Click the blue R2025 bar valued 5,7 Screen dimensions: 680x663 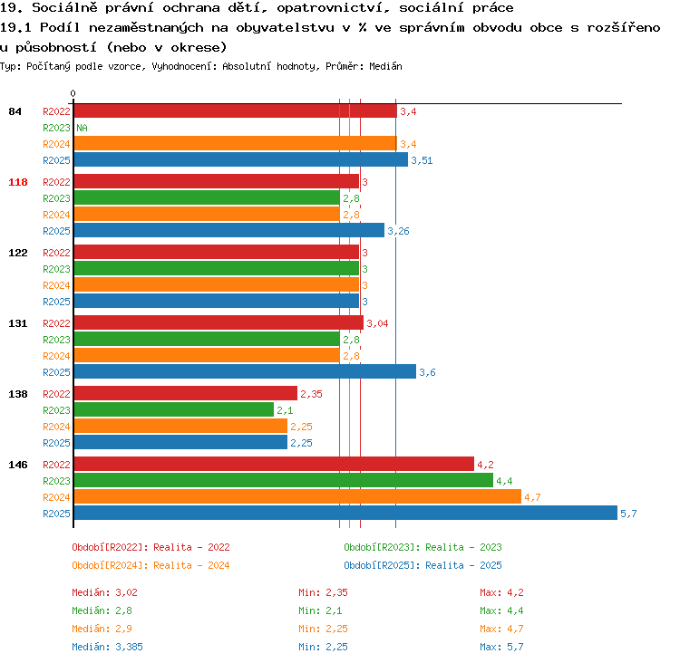pyautogui.click(x=345, y=513)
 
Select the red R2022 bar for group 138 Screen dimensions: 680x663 pyautogui.click(x=186, y=393)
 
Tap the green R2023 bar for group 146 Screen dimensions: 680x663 pyautogui.click(x=284, y=481)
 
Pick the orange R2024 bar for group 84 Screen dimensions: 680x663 pyautogui.click(x=236, y=143)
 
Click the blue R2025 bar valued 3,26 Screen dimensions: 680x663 pyautogui.click(x=229, y=231)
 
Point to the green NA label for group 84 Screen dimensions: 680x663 pyautogui.click(x=82, y=128)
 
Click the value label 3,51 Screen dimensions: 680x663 pyautogui.click(x=422, y=160)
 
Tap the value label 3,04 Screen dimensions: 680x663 pyautogui.click(x=377, y=323)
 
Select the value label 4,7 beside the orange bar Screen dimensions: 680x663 pyautogui.click(x=532, y=497)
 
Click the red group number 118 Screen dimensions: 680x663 pyautogui.click(x=18, y=182)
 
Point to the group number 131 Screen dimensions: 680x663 pyautogui.click(x=18, y=323)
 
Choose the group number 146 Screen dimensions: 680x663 pyautogui.click(x=18, y=465)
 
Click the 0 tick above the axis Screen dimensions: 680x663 pyautogui.click(x=73, y=93)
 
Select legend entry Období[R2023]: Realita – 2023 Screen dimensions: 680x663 pyautogui.click(x=423, y=547)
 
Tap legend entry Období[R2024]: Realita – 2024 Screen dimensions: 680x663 pyautogui.click(x=151, y=565)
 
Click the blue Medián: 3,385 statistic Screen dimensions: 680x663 pyautogui.click(x=107, y=647)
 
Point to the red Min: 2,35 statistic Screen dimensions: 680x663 pyautogui.click(x=323, y=592)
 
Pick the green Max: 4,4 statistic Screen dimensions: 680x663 pyautogui.click(x=501, y=610)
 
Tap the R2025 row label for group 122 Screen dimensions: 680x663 pyautogui.click(x=56, y=302)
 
